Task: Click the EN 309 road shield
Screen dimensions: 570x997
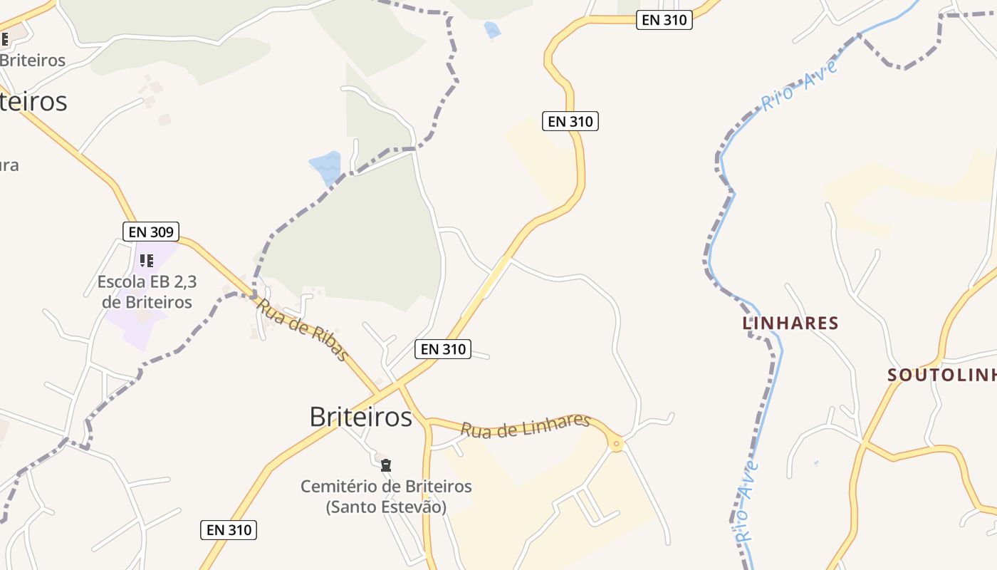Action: pyautogui.click(x=150, y=231)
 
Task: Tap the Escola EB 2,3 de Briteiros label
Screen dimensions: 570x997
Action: pyautogui.click(x=147, y=292)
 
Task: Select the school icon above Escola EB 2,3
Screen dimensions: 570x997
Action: pyautogui.click(x=147, y=261)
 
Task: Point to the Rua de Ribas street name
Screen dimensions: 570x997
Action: pyautogui.click(x=303, y=329)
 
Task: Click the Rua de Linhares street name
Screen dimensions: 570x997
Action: pyautogui.click(x=525, y=425)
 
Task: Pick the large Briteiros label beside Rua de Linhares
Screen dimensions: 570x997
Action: pyautogui.click(x=360, y=417)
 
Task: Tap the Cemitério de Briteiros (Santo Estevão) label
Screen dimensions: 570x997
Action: pyautogui.click(x=386, y=497)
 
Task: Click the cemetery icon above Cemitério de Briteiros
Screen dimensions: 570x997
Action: pyautogui.click(x=386, y=465)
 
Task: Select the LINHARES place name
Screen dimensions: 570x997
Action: pyautogui.click(x=790, y=323)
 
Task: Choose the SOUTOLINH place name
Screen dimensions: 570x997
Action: pyautogui.click(x=941, y=375)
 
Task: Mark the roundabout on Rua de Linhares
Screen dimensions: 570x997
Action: pyautogui.click(x=617, y=444)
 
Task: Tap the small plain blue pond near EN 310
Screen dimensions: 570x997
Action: pyautogui.click(x=491, y=30)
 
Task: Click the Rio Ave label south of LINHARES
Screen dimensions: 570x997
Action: pyautogui.click(x=746, y=502)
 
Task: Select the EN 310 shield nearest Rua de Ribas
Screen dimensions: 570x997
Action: pyautogui.click(x=442, y=348)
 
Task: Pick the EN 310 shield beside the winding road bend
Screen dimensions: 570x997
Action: pyautogui.click(x=570, y=122)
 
